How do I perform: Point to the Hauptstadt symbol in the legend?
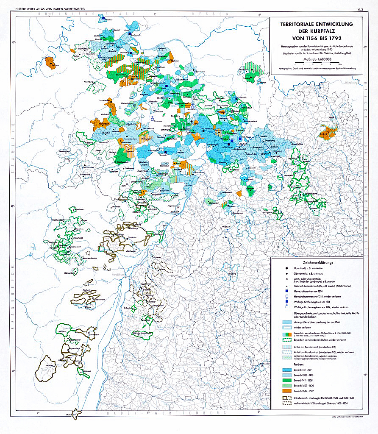point(287,269)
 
